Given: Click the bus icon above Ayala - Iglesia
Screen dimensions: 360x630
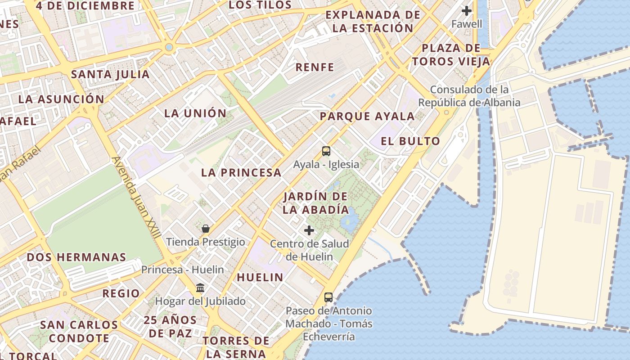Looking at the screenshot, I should point(326,151).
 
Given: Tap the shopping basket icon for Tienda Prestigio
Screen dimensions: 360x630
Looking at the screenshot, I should point(206,229).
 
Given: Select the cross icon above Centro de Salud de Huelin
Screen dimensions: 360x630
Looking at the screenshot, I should point(309,230).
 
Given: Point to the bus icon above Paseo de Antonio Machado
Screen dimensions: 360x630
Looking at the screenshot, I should point(328,297).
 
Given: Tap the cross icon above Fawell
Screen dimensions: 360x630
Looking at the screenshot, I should point(467,10).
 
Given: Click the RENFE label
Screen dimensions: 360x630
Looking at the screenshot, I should point(315,67).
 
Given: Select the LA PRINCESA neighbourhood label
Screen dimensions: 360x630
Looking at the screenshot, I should point(241,172).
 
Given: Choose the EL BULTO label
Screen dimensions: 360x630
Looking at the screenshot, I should point(410,141).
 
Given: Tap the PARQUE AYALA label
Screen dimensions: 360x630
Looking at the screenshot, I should point(367,116).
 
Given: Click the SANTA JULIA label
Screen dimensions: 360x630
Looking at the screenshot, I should point(110,74).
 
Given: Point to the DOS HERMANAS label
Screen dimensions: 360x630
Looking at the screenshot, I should point(76,257).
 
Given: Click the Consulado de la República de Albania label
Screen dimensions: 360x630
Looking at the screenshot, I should point(469,96).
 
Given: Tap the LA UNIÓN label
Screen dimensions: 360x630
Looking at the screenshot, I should point(195,113).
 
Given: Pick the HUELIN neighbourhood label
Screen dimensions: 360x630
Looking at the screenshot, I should point(260,277).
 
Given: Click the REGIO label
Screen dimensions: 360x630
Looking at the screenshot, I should point(121,293).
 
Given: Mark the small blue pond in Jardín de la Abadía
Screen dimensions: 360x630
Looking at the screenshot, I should point(349,221).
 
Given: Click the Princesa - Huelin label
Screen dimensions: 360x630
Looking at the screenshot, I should point(182,270).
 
